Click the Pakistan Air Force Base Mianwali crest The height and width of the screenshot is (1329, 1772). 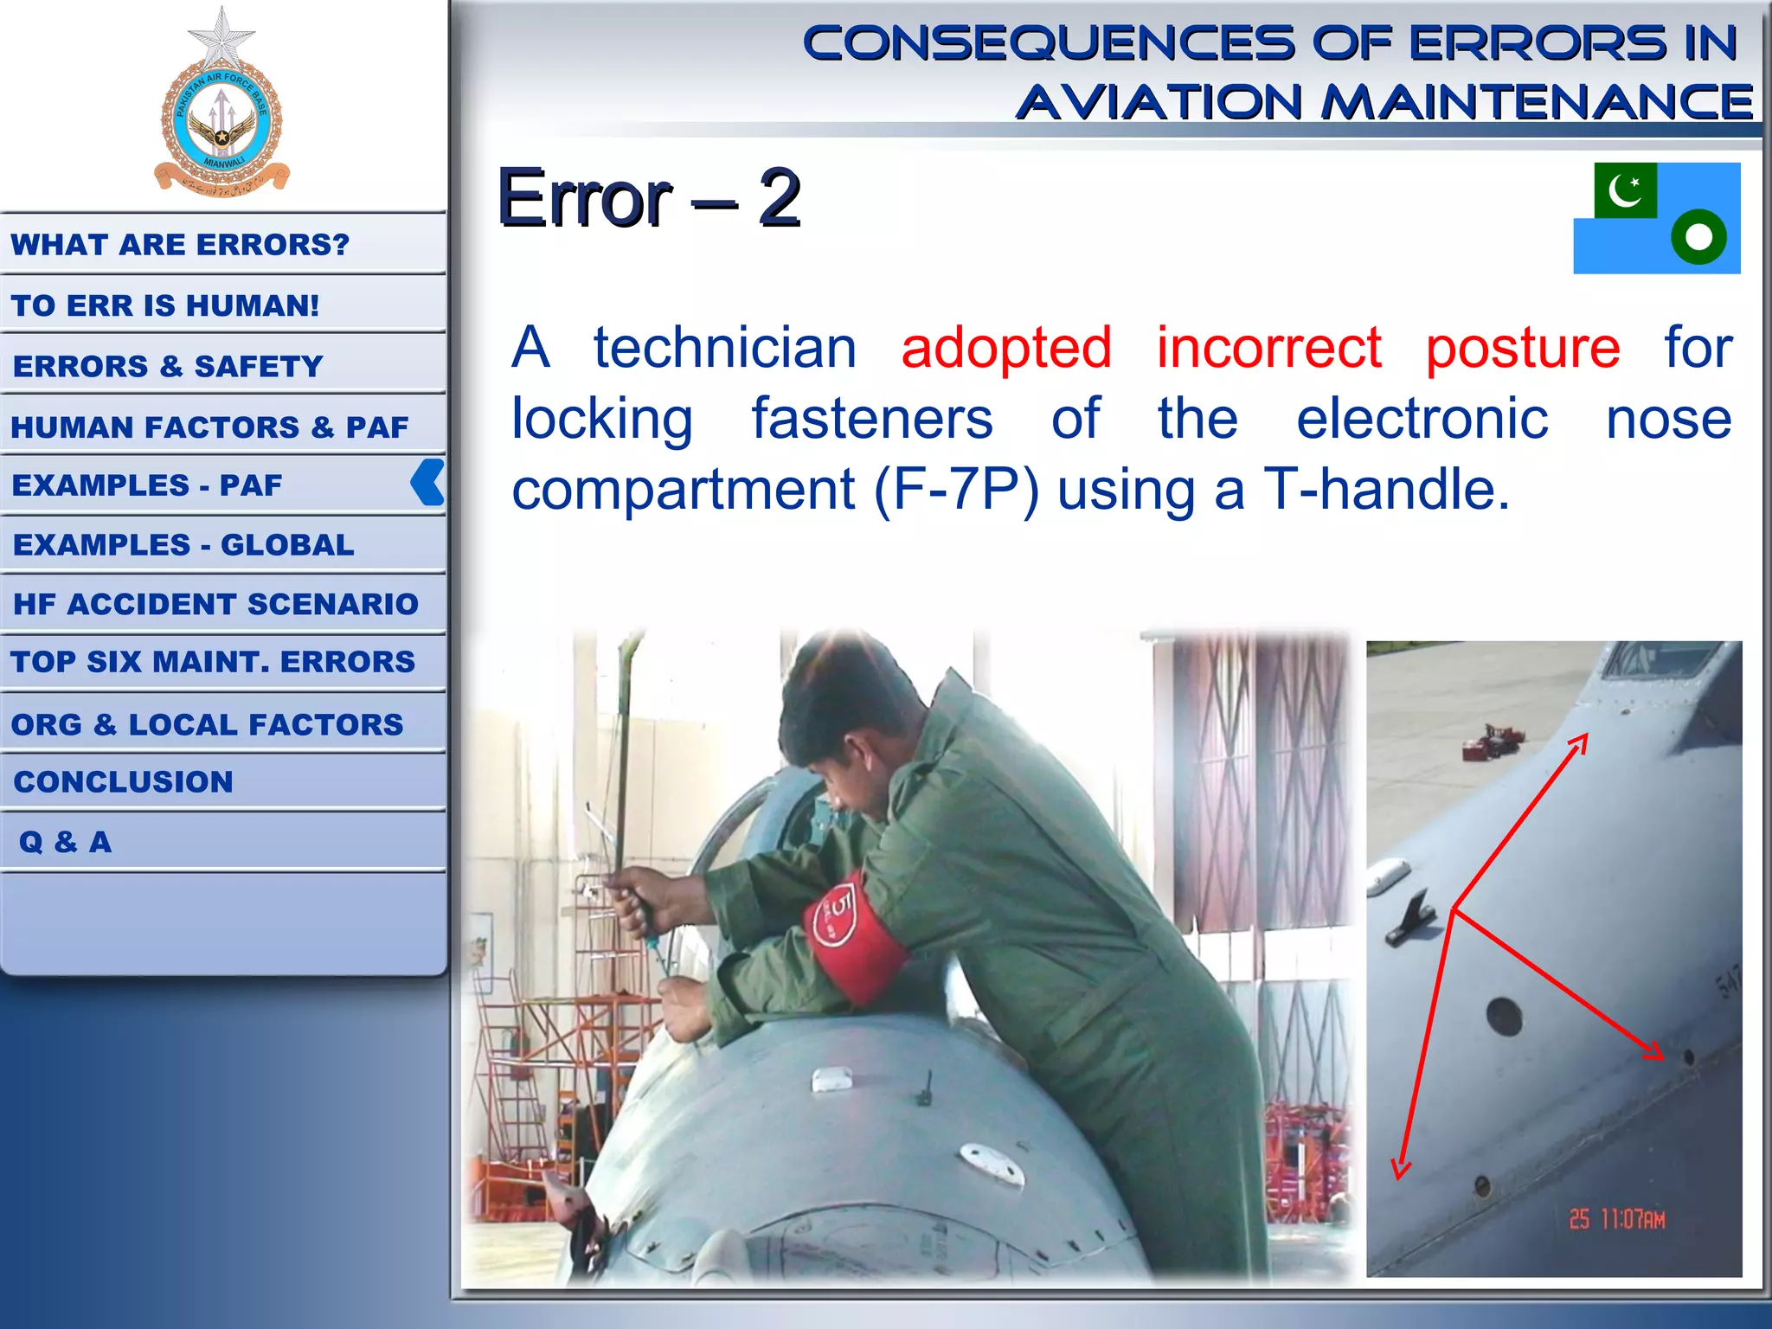pyautogui.click(x=221, y=108)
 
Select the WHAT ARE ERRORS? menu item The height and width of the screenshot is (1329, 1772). pyautogui.click(x=180, y=245)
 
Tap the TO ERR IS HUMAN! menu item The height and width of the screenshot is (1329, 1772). pyautogui.click(x=165, y=305)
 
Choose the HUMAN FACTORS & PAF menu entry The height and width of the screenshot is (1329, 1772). pyautogui.click(x=209, y=427)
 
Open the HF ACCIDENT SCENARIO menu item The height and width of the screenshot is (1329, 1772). pyautogui.click(x=215, y=604)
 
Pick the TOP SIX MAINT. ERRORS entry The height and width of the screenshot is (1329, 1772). pyautogui.click(x=213, y=662)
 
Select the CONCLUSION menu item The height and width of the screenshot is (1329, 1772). pyautogui.click(x=124, y=782)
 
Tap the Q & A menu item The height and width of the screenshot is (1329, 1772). pyautogui.click(x=66, y=842)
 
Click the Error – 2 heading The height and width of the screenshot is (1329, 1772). pyautogui.click(x=649, y=199)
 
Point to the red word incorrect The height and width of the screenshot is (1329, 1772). pyautogui.click(x=1268, y=348)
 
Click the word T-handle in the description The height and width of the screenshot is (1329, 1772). pyautogui.click(x=1386, y=490)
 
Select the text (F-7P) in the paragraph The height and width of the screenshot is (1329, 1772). pyautogui.click(x=956, y=491)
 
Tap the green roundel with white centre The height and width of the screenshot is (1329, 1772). pyautogui.click(x=1698, y=237)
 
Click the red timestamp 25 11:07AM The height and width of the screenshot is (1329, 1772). pyautogui.click(x=1616, y=1219)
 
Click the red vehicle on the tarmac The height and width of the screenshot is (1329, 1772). pyautogui.click(x=1492, y=742)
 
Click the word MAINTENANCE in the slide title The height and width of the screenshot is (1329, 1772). pyautogui.click(x=1537, y=103)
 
